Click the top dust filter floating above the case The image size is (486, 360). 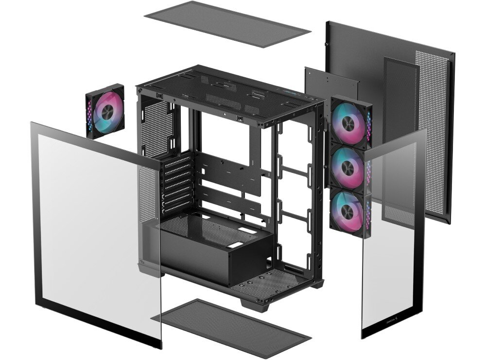coord(227,23)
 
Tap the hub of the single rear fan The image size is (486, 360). coord(105,111)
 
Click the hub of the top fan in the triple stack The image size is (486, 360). coord(348,123)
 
